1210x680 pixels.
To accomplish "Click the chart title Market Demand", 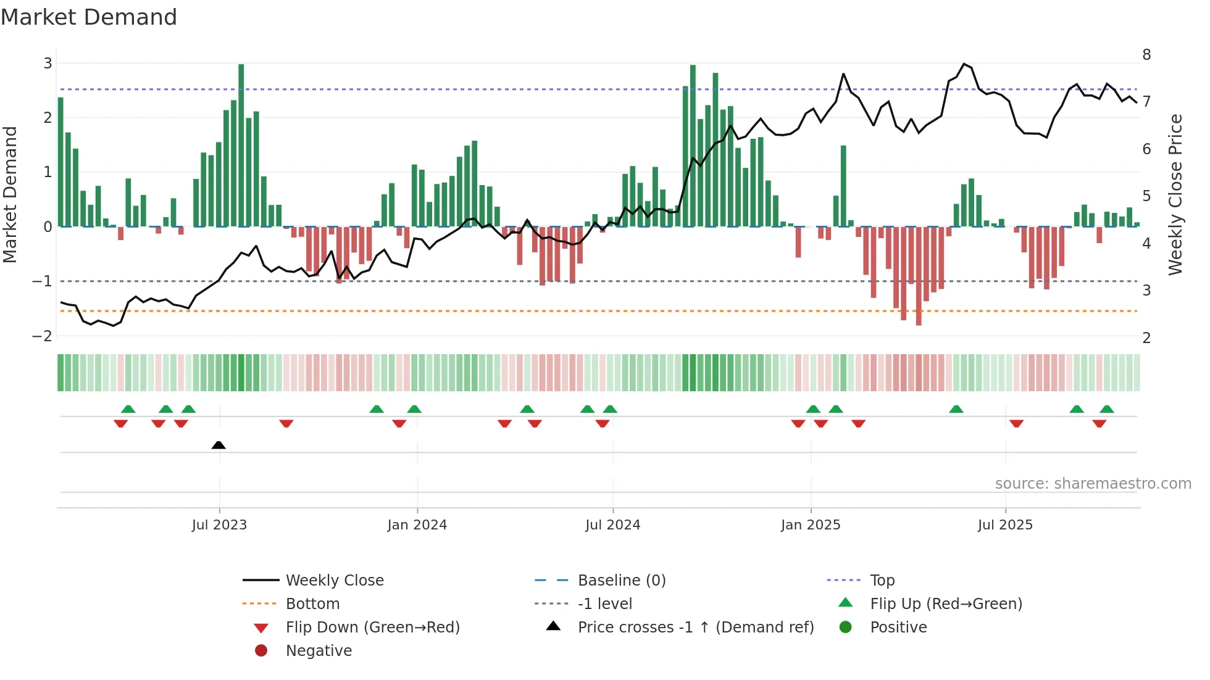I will (x=89, y=17).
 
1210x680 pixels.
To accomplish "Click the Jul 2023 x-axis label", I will (x=219, y=525).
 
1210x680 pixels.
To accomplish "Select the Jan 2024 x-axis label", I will (x=417, y=525).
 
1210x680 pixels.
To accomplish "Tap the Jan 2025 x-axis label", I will (x=810, y=525).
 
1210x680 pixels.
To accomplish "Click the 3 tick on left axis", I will (x=48, y=63).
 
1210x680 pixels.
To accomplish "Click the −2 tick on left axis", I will (x=42, y=336).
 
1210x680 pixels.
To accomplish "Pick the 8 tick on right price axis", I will (x=1146, y=55).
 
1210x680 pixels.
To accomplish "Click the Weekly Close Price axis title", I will (x=1175, y=194).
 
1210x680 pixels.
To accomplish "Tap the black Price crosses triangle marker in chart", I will (x=219, y=445).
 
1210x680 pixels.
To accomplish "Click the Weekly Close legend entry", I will (x=334, y=581).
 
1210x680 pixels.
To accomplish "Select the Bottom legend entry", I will (x=312, y=604).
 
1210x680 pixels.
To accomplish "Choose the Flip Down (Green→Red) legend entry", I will (x=372, y=628).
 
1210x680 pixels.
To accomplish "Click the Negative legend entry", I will (x=319, y=651).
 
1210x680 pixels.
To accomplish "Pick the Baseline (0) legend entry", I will (x=621, y=581).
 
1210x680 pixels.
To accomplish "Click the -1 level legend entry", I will (x=604, y=604).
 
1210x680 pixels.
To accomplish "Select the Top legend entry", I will (x=882, y=581).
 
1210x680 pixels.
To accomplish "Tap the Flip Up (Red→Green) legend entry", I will (x=946, y=604).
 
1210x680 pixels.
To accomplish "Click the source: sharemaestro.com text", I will (x=1093, y=484).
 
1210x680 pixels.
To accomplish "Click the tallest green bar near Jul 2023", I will (x=241, y=145).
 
